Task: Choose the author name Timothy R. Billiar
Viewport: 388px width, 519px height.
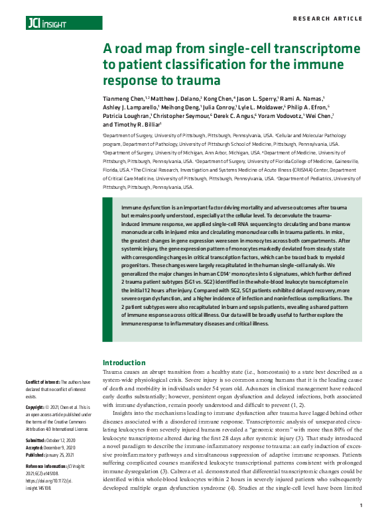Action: point(136,125)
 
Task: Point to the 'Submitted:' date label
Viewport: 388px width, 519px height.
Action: point(37,439)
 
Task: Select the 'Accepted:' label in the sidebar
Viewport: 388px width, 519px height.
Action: point(36,445)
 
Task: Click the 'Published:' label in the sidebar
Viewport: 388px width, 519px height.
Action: point(37,452)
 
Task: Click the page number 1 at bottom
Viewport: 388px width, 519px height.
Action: point(361,506)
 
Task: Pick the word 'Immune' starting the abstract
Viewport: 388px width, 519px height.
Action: point(131,207)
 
